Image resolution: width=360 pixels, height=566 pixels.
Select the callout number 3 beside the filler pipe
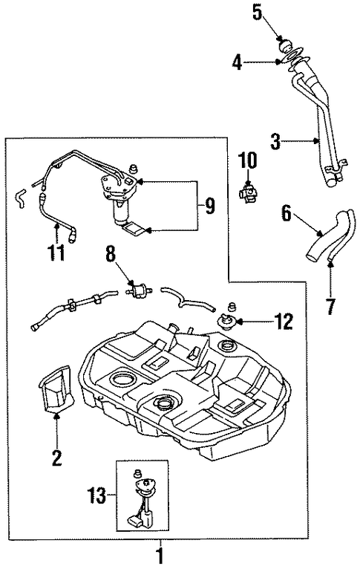pyautogui.click(x=275, y=141)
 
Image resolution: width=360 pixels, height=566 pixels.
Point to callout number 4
pyautogui.click(x=237, y=62)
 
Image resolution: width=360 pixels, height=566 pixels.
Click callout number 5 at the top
pyautogui.click(x=257, y=13)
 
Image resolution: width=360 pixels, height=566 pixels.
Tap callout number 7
pyautogui.click(x=331, y=305)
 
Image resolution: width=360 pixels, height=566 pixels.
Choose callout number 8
pyautogui.click(x=111, y=254)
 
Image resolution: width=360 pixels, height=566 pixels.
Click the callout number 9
pyautogui.click(x=209, y=206)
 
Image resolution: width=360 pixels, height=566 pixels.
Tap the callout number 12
pyautogui.click(x=284, y=321)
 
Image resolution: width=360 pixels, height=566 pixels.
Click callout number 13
pyautogui.click(x=97, y=495)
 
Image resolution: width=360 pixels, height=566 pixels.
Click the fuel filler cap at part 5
pyautogui.click(x=286, y=46)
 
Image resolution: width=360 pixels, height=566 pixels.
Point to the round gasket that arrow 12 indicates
pyautogui.click(x=226, y=319)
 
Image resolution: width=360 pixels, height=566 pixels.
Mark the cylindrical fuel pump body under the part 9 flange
pyautogui.click(x=122, y=212)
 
